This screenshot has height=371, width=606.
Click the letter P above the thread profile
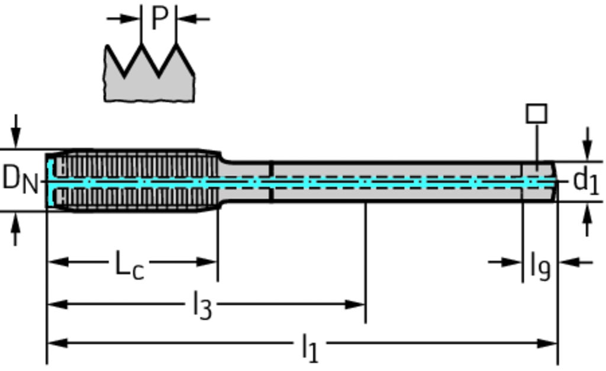pyautogui.click(x=159, y=18)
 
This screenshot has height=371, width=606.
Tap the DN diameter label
pyautogui.click(x=20, y=179)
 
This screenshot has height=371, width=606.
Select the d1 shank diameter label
pyautogui.click(x=586, y=180)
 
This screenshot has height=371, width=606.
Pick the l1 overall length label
pyautogui.click(x=310, y=347)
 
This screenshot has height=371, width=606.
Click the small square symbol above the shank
pyautogui.click(x=536, y=114)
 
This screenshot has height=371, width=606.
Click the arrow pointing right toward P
pyautogui.click(x=130, y=18)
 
